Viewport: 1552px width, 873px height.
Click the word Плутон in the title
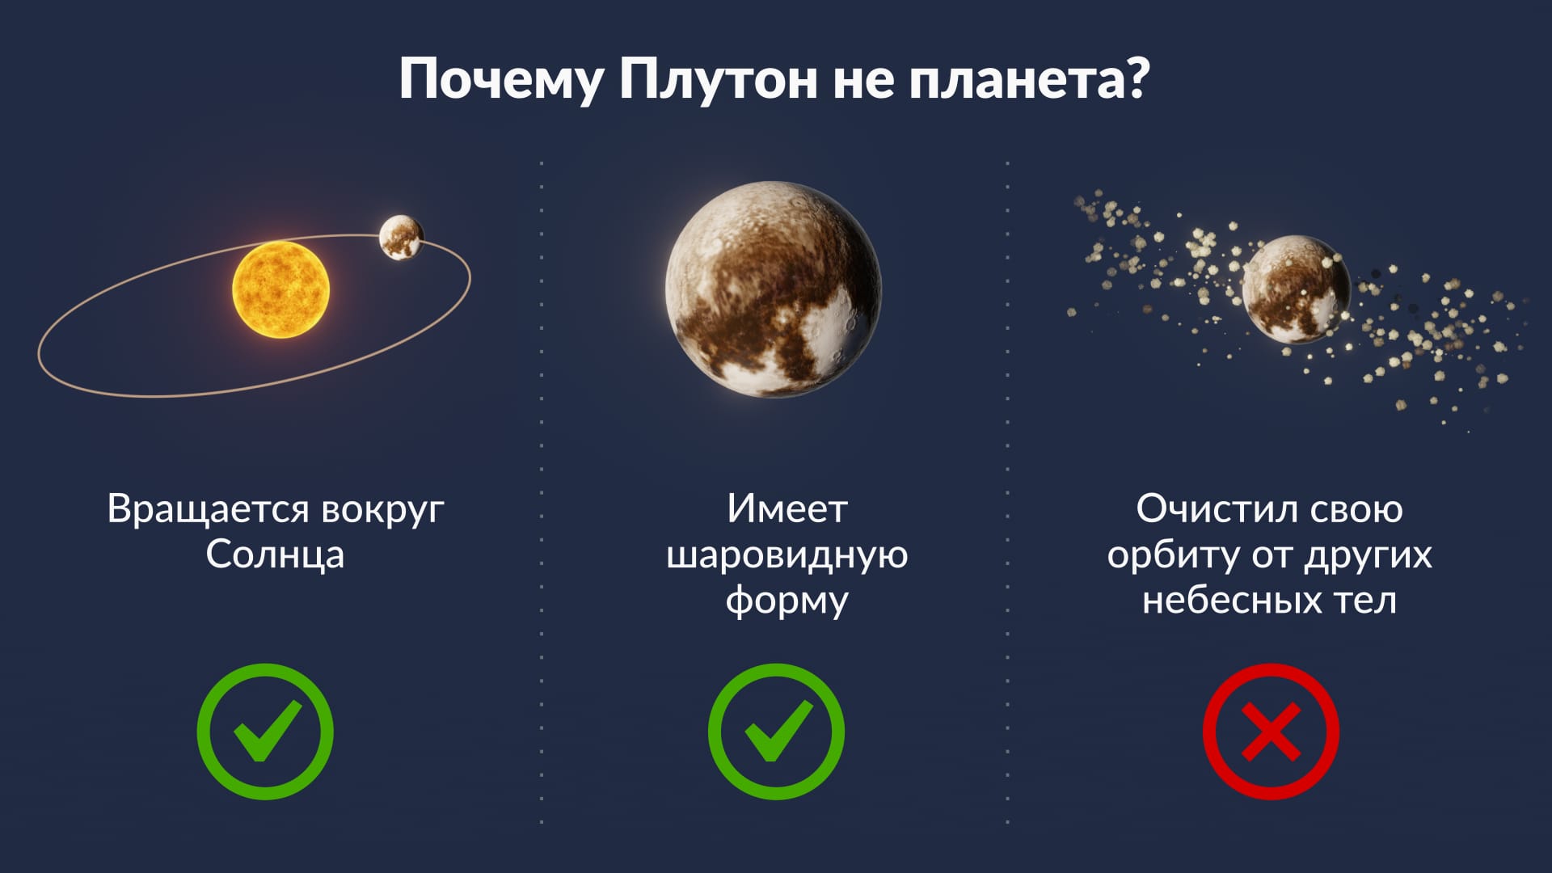[717, 79]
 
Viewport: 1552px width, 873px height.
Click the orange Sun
[280, 289]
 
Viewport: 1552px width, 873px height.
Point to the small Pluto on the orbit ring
[401, 238]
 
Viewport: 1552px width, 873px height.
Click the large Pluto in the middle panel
[774, 289]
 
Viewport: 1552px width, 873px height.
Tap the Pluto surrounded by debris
[1296, 289]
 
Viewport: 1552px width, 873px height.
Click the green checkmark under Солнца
[265, 732]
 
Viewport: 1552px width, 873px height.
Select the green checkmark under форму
[776, 732]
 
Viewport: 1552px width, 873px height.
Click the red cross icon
[1271, 732]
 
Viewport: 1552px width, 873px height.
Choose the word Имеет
[787, 509]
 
